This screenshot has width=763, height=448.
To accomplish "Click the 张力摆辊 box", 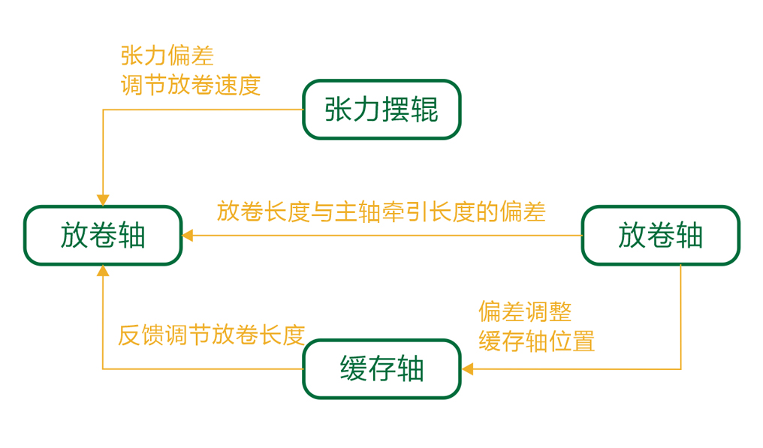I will pos(381,110).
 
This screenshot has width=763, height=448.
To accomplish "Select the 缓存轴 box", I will pos(381,369).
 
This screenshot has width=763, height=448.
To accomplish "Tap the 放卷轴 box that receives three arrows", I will pos(103,236).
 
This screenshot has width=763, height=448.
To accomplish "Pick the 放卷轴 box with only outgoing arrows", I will pos(660,236).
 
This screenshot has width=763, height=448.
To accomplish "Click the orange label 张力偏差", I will pos(167,56).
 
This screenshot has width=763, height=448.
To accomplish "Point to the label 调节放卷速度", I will pos(191,85).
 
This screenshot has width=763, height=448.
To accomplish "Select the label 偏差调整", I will pos(525,311).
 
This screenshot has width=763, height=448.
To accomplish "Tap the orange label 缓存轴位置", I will pos(537,341).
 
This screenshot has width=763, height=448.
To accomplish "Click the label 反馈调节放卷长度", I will pos(211,335).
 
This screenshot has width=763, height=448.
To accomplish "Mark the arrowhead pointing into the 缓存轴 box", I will pos(467,369).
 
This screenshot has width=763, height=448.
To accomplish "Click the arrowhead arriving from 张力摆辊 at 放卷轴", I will pos(103,200).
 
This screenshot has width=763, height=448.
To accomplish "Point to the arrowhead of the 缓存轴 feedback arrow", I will pos(103,271).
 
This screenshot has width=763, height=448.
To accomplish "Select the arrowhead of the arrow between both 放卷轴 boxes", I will pos(188,236).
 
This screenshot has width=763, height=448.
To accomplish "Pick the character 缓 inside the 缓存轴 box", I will pos(353,369).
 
